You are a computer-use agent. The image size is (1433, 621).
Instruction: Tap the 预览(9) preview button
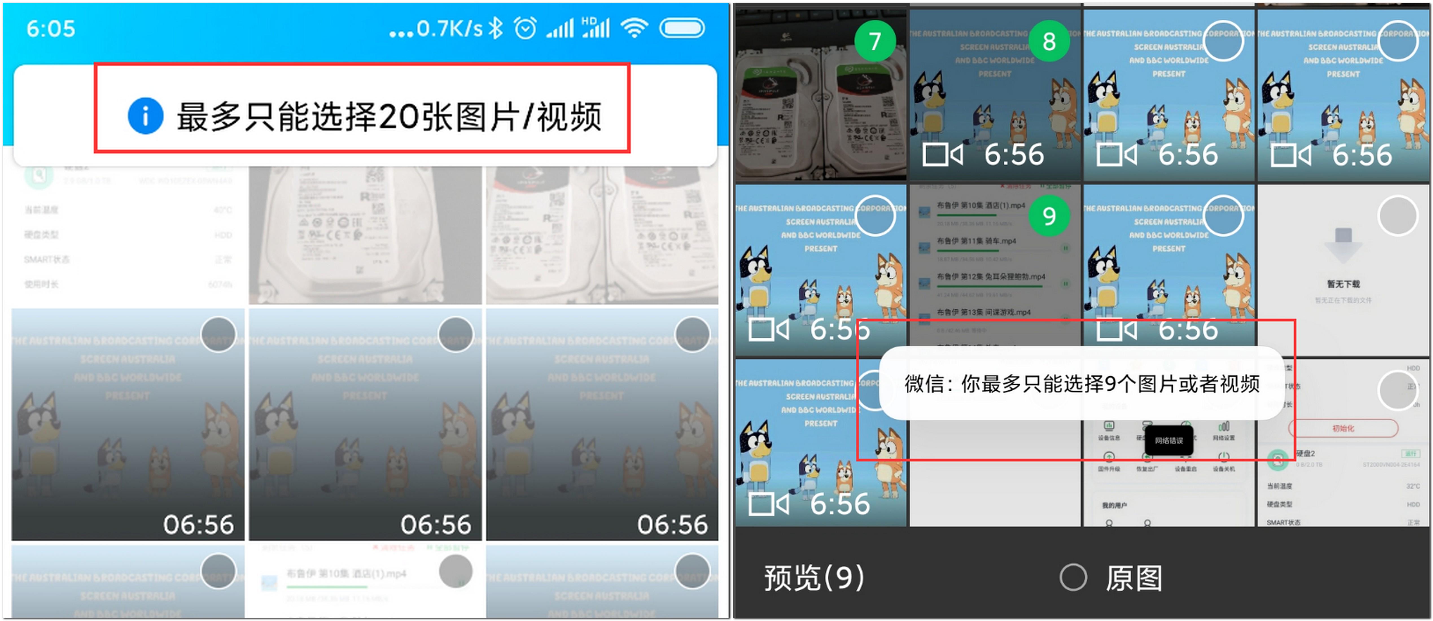(814, 578)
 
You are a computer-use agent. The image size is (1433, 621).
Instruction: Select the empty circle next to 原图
(1073, 578)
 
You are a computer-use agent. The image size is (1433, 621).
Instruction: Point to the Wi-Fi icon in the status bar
(634, 28)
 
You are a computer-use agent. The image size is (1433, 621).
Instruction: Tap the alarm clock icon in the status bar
(525, 28)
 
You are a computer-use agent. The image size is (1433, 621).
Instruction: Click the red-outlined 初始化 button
(1343, 428)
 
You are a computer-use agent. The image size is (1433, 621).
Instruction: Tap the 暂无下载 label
(1343, 284)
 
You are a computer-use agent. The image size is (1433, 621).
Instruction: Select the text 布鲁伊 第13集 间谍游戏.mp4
(983, 312)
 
